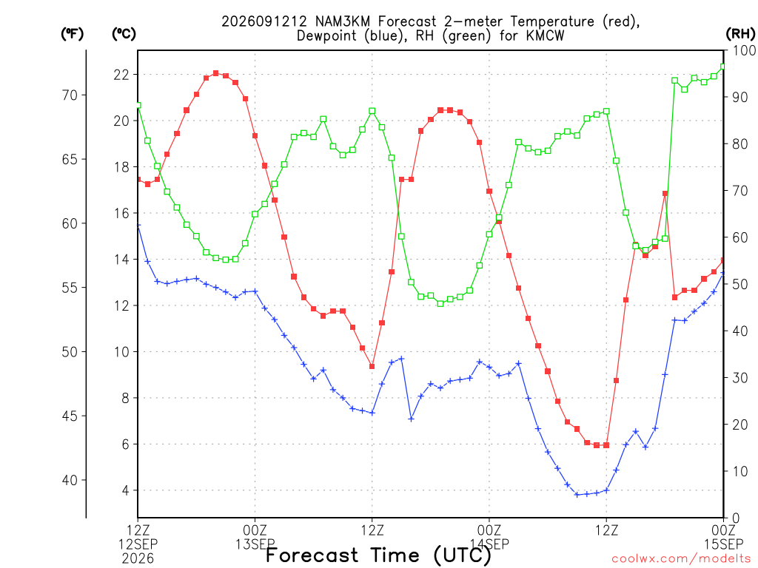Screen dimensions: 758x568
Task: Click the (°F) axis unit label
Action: [x=72, y=34]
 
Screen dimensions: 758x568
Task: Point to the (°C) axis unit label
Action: [x=124, y=34]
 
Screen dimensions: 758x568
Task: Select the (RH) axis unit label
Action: [x=740, y=34]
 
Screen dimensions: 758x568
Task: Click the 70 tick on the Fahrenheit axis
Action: [x=70, y=95]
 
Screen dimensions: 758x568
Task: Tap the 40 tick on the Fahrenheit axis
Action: [x=70, y=480]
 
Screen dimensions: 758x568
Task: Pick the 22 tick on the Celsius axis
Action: [x=121, y=75]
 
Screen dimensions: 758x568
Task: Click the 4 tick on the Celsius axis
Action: [x=126, y=490]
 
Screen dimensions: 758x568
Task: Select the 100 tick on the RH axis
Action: [x=744, y=50]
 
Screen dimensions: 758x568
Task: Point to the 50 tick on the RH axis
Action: [x=740, y=284]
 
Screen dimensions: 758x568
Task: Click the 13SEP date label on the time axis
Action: [x=255, y=544]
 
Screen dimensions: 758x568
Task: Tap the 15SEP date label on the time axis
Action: [x=723, y=544]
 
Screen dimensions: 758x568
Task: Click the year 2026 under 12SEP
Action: [x=138, y=559]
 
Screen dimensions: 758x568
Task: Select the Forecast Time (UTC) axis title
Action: [x=378, y=555]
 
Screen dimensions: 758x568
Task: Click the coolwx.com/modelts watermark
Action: [x=683, y=559]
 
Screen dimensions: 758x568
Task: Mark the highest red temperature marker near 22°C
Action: [x=215, y=73]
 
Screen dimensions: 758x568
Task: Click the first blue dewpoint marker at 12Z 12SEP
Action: [x=138, y=226]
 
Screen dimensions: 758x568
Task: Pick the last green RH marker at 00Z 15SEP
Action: [x=723, y=67]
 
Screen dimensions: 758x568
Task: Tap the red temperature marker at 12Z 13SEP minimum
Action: [x=372, y=367]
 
